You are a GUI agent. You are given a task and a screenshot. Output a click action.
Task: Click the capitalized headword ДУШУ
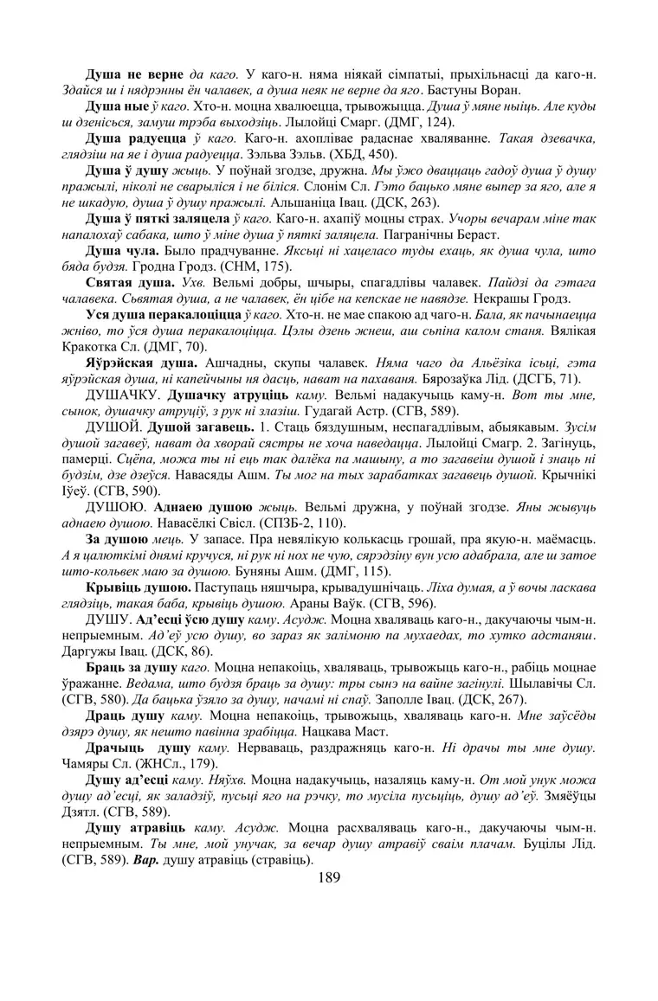[108, 620]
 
